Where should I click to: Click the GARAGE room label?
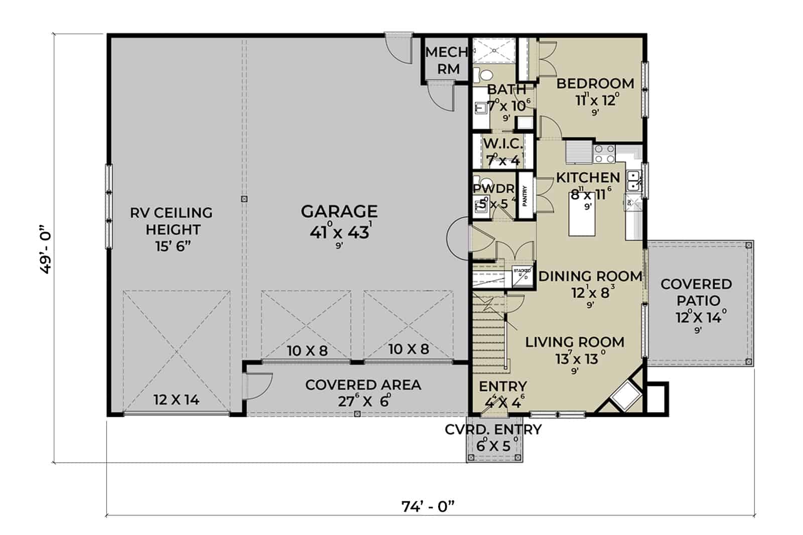339,211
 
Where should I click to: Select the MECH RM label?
446,60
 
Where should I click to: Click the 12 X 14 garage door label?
176,400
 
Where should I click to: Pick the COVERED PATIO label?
697,292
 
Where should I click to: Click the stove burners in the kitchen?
604,154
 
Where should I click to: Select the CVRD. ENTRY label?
493,430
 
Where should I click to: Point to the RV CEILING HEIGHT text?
172,229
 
